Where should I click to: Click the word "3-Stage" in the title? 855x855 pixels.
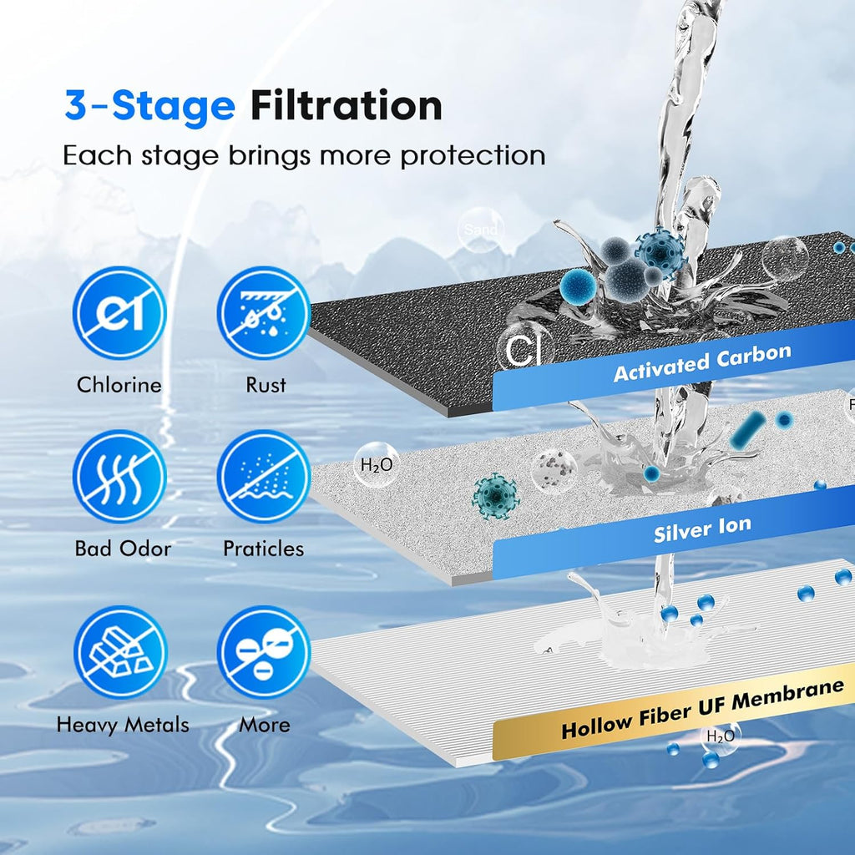click(x=149, y=106)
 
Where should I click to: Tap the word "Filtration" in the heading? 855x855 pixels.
click(x=346, y=106)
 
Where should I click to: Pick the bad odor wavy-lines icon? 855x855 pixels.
click(x=119, y=477)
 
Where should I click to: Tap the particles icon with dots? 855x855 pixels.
click(x=264, y=477)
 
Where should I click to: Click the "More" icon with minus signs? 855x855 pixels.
click(x=264, y=652)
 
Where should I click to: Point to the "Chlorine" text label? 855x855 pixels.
click(x=119, y=385)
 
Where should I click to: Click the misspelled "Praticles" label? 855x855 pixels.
click(x=264, y=549)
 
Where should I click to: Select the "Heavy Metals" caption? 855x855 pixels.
click(x=123, y=725)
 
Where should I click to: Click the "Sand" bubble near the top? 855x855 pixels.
click(x=480, y=230)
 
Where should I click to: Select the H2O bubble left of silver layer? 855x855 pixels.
click(x=376, y=466)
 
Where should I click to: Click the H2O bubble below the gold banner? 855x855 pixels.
click(x=721, y=736)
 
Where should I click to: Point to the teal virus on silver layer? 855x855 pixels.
click(x=495, y=496)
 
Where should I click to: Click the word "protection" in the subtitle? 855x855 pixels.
click(x=473, y=155)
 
